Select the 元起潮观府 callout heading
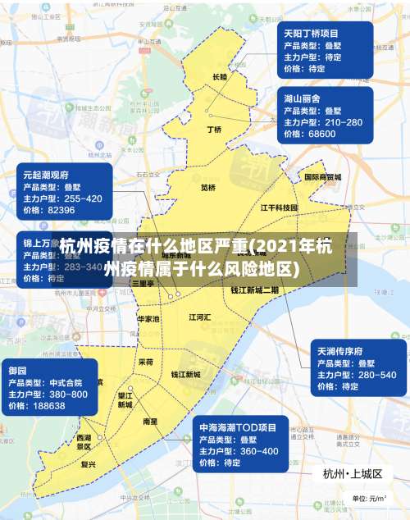[x=46, y=175]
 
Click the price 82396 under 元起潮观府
[x=61, y=210]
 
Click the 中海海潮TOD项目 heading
[x=238, y=428]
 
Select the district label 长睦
[x=219, y=76]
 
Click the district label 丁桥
[x=214, y=129]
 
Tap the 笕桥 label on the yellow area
[x=208, y=187]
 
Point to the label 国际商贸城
[x=322, y=176]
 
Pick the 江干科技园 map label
[x=279, y=208]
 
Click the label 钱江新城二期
[x=254, y=290]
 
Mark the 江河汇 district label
[x=200, y=317]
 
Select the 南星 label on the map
[x=150, y=421]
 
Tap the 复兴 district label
[x=89, y=464]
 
